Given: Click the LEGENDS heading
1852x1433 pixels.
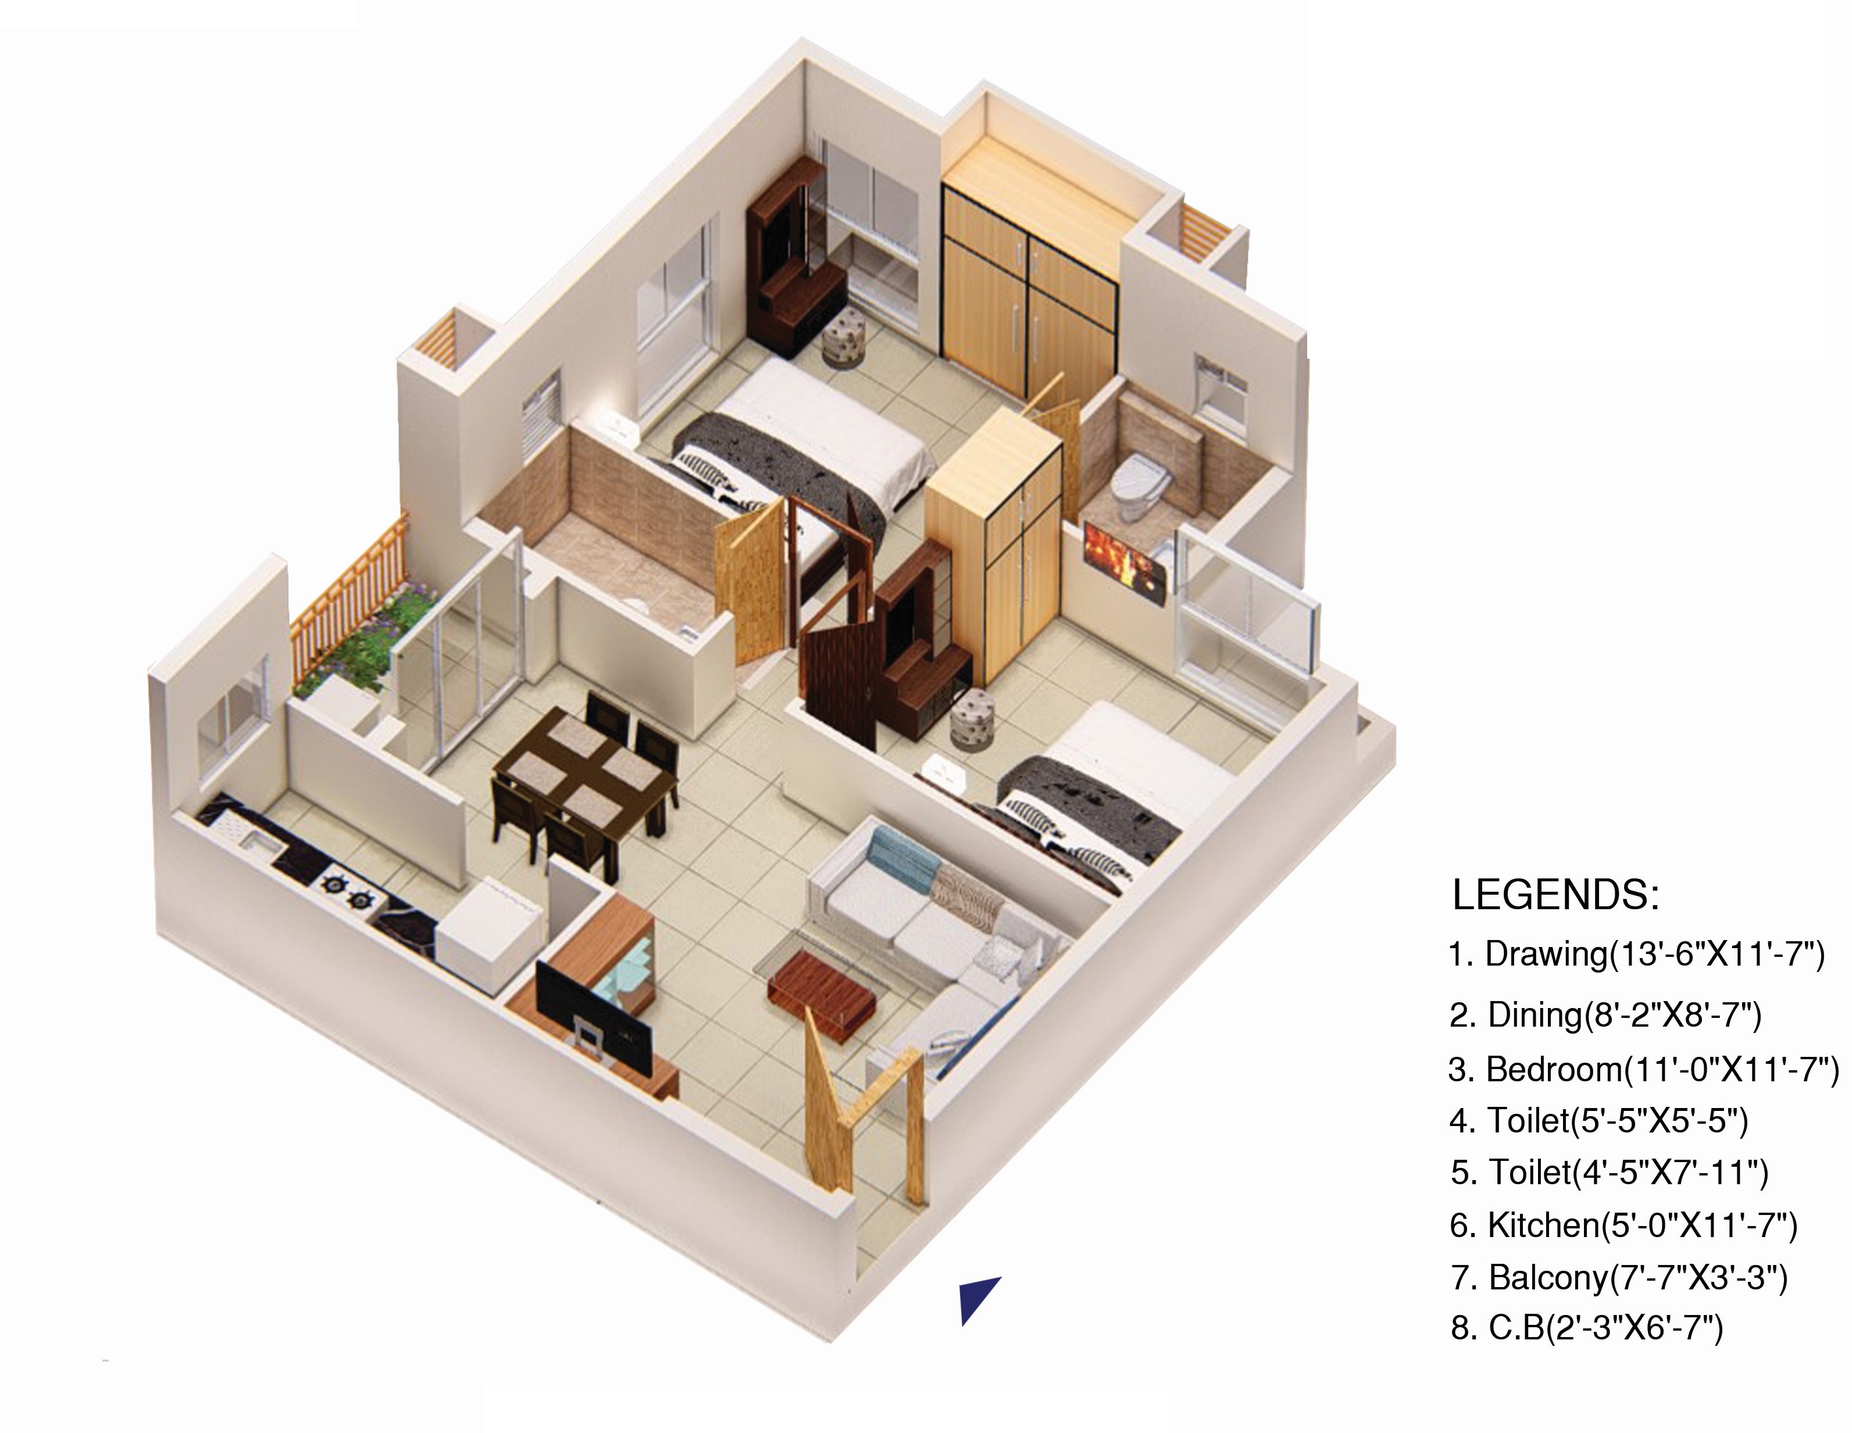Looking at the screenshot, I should (x=1555, y=895).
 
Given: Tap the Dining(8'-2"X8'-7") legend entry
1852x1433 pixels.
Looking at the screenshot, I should (x=1605, y=1014).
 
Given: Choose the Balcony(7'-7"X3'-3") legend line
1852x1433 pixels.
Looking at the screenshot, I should (x=1619, y=1277).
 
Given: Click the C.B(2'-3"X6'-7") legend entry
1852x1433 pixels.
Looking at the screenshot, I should (x=1587, y=1328).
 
